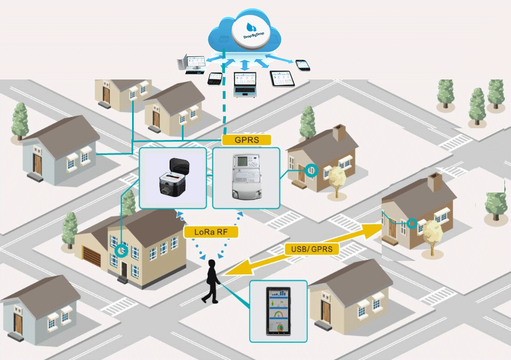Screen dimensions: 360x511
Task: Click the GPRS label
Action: click(246, 140)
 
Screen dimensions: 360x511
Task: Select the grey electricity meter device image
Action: click(246, 177)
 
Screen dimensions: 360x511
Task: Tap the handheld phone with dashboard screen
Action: click(278, 311)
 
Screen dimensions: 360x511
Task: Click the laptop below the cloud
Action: click(245, 83)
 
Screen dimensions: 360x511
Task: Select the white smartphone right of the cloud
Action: click(302, 64)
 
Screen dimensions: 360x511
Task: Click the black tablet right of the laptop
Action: click(282, 79)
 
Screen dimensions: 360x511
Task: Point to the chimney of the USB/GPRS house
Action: click(435, 182)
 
